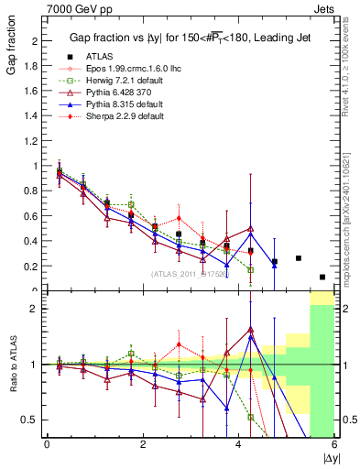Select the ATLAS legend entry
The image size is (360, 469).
tap(99, 57)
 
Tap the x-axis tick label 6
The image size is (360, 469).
tap(334, 444)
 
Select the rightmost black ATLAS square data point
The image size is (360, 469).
tap(322, 277)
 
